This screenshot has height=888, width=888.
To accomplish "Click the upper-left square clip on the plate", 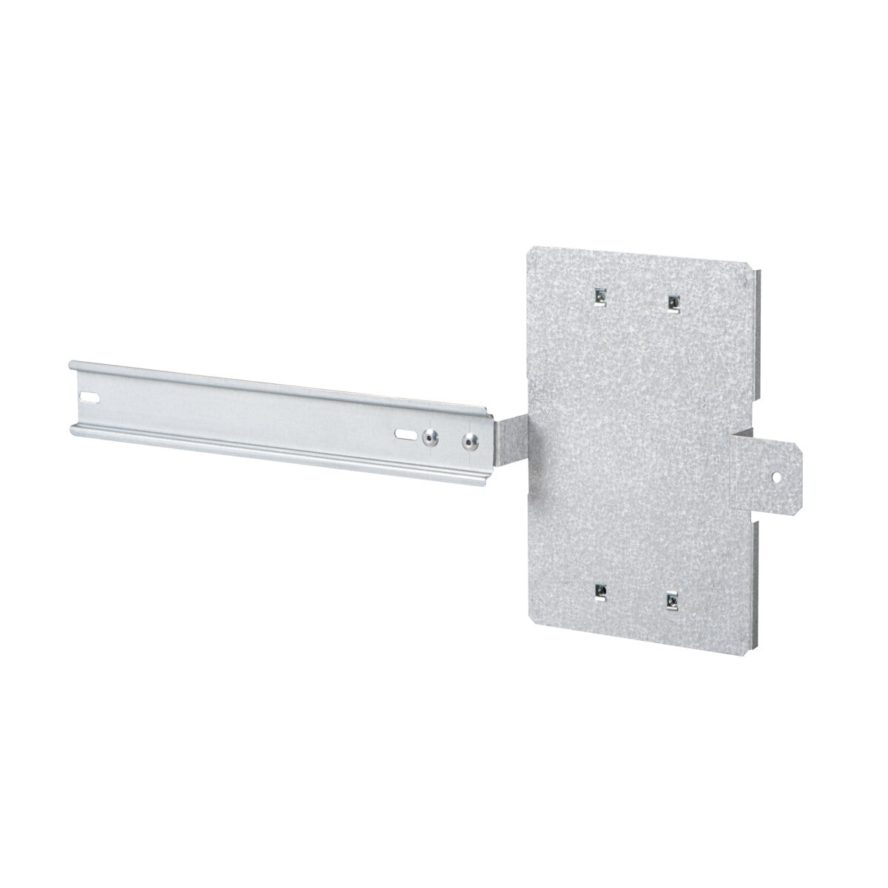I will pyautogui.click(x=599, y=297).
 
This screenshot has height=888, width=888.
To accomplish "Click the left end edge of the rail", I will pyautogui.click(x=71, y=396).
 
